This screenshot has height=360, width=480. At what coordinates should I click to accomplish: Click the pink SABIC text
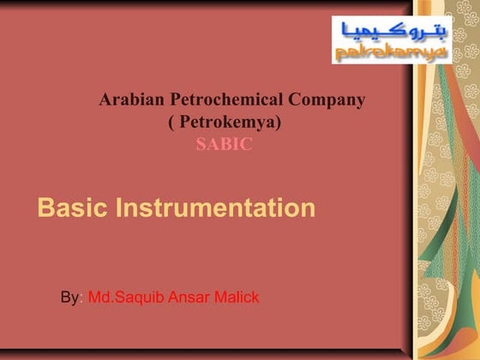click(224, 145)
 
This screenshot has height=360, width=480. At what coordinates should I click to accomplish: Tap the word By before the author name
click(69, 298)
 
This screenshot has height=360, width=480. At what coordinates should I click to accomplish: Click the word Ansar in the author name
click(188, 298)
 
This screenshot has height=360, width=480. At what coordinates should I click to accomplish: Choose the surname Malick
click(235, 298)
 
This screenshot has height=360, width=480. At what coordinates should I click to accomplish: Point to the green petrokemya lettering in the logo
click(390, 53)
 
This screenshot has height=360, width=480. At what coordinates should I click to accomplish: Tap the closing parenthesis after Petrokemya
click(279, 123)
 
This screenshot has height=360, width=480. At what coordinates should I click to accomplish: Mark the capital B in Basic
click(46, 208)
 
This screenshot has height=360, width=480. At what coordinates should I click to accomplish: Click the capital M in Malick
click(218, 298)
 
